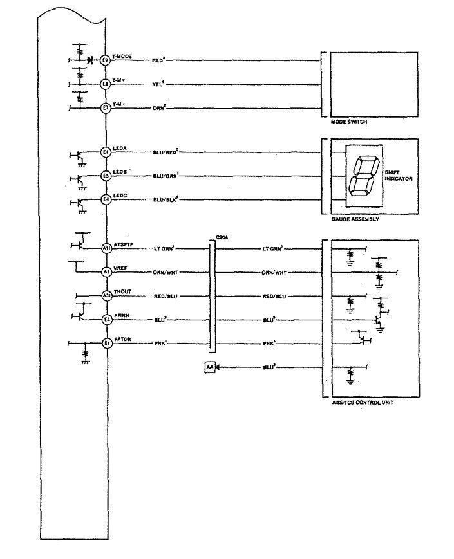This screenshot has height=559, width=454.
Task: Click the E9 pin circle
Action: click(x=106, y=60)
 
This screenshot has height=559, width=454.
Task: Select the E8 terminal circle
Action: click(x=106, y=84)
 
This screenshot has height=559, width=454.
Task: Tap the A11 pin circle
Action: click(x=106, y=248)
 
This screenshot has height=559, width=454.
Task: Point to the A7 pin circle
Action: click(x=106, y=272)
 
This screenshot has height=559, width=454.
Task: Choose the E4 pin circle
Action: click(x=106, y=200)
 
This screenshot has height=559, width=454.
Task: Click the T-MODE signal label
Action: click(x=122, y=57)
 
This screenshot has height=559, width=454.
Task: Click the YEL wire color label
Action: click(x=158, y=84)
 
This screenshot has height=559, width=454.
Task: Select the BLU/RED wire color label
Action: click(x=165, y=152)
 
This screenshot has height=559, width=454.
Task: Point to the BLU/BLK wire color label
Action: click(x=166, y=200)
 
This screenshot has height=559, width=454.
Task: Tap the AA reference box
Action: click(x=209, y=367)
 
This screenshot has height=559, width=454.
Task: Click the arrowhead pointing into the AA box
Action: click(x=218, y=367)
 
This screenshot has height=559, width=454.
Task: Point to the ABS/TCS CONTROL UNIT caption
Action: click(x=357, y=403)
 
